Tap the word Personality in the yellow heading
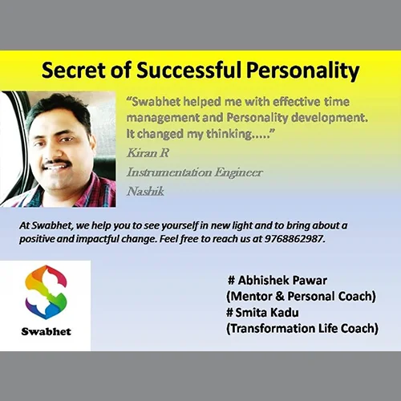point(302,71)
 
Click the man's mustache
point(57,163)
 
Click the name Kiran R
point(148,153)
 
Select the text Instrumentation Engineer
point(195,172)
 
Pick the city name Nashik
point(145,192)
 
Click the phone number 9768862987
point(294,238)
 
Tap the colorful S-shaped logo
point(46,292)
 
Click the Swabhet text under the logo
point(47,331)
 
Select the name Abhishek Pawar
point(282,280)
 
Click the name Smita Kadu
point(267,312)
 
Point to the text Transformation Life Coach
point(302,328)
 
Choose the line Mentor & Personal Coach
point(301,296)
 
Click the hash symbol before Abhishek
point(231,281)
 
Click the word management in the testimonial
point(163,119)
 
